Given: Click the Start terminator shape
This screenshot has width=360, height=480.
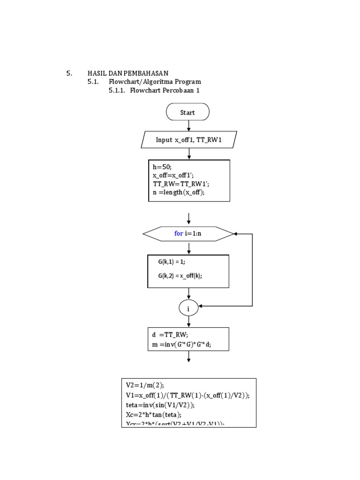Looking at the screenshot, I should pos(187,112).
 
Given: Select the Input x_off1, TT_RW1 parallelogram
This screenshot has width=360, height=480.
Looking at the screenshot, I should pos(188,140).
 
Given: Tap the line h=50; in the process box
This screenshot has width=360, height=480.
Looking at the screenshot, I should pos(162,167).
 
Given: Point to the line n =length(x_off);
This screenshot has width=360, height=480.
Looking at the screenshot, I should pos(179,192).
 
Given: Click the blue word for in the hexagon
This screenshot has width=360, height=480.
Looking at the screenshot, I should pos(179,233).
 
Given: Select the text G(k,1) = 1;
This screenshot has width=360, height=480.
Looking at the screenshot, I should pos(172,262).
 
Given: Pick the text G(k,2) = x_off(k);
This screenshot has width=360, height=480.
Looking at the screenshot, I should pos(180,276).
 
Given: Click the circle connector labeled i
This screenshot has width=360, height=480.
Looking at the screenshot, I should pos(188,308).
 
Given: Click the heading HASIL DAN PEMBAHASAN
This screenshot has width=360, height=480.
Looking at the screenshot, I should pos(128,73).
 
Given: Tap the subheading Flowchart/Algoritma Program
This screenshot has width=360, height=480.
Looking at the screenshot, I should pos(155,82).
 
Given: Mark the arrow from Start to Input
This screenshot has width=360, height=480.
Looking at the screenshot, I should pos(188,126).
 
